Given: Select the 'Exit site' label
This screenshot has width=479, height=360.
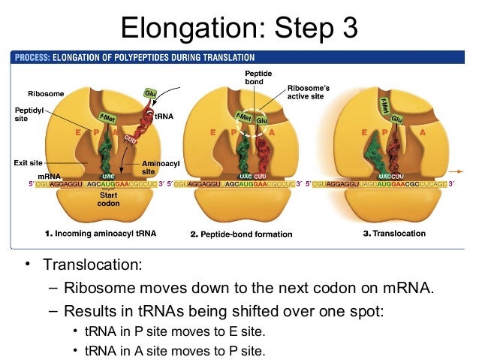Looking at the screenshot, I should coord(28,162).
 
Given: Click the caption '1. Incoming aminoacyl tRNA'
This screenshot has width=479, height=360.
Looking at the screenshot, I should coord(100,234).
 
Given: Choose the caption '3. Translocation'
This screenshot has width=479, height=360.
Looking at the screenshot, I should coord(394,234).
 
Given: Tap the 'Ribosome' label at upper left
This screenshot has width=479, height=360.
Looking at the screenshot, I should coord(46,93).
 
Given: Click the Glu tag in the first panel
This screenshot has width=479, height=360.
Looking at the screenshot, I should coord(149,92).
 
